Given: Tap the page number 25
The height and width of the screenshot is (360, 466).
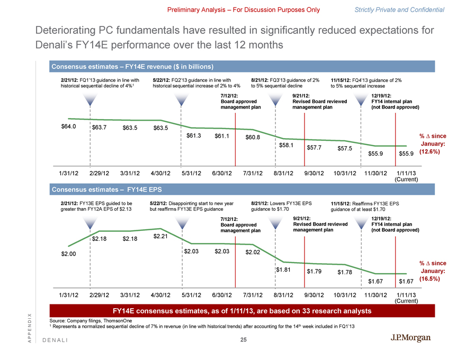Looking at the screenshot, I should click(243, 340).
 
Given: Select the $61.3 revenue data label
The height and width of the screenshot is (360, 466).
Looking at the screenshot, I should click(195, 136).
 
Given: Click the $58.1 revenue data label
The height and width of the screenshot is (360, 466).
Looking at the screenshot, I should click(286, 145).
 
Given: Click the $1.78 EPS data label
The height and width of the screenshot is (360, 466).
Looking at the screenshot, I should click(345, 273).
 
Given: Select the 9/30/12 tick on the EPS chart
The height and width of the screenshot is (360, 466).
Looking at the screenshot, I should click(318, 295).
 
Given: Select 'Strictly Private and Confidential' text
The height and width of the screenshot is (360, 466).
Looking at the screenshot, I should click(407, 10).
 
